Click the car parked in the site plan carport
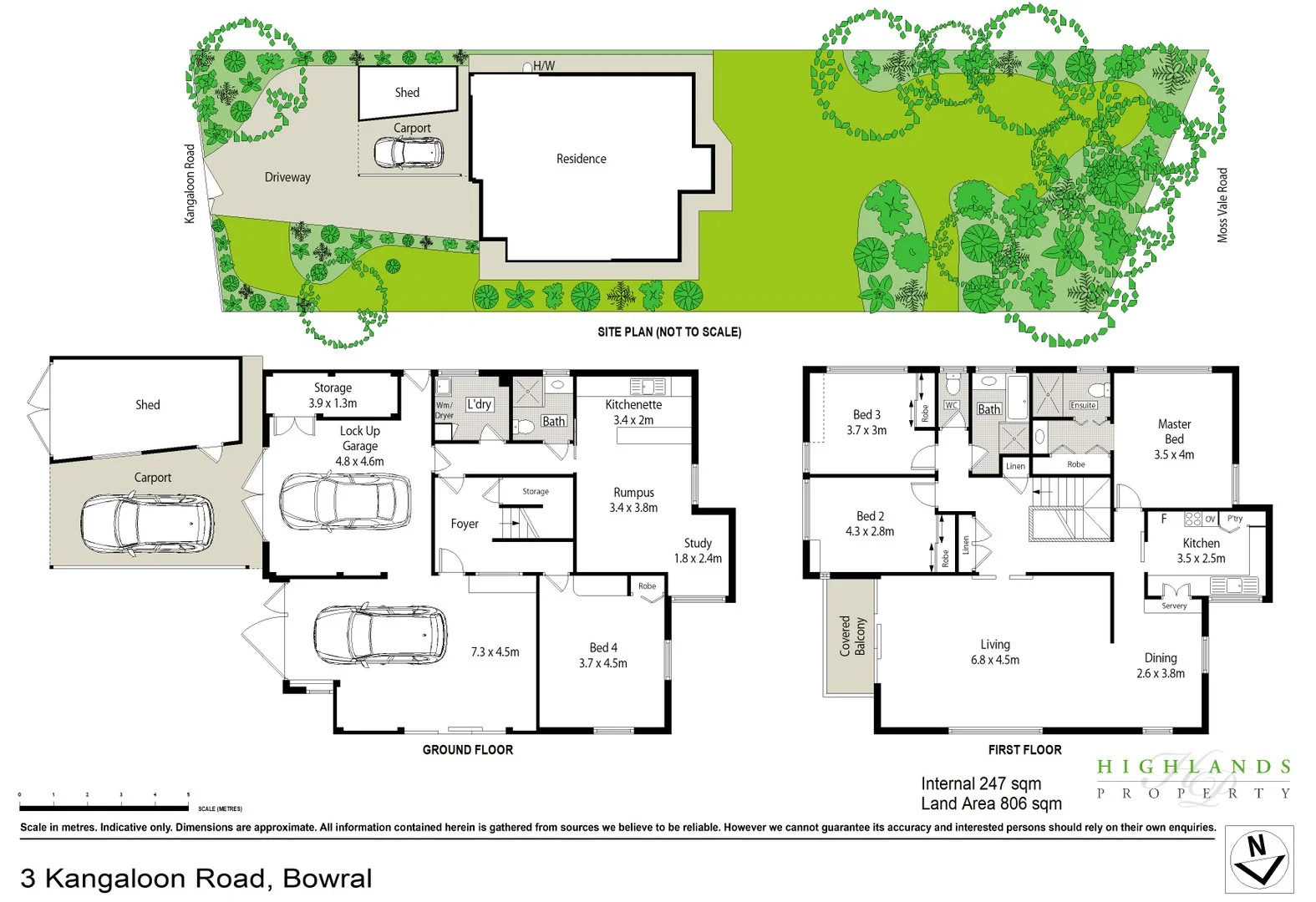(x=408, y=153)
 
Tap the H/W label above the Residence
(x=543, y=66)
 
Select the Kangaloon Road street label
(x=190, y=184)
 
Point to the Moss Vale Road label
(x=1222, y=205)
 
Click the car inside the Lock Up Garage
(x=344, y=501)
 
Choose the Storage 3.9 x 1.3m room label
(x=333, y=395)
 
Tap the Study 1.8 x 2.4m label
(x=698, y=550)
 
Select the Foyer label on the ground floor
(x=465, y=524)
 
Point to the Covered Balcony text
(x=852, y=636)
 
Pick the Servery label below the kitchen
(x=1174, y=606)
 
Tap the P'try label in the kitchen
(x=1235, y=519)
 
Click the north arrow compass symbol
(x=1259, y=859)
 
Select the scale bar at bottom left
(x=104, y=808)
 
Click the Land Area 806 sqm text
(x=991, y=803)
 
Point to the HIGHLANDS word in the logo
(x=1194, y=767)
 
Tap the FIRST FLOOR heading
(x=1024, y=750)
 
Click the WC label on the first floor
(x=951, y=405)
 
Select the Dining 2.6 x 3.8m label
(x=1161, y=665)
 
